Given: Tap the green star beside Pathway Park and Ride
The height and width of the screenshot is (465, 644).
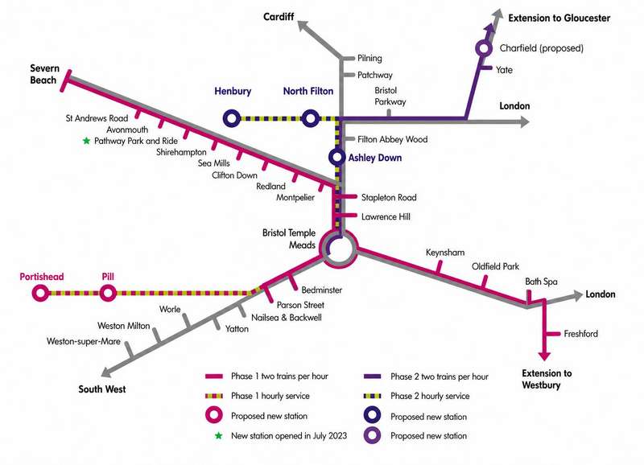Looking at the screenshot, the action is click(x=86, y=141).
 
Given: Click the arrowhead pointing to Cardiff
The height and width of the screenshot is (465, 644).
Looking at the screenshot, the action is click(x=303, y=26).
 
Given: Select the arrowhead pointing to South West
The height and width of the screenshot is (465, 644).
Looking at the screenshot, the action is click(x=106, y=372).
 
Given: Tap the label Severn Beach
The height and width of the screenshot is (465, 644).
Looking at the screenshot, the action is click(x=45, y=74).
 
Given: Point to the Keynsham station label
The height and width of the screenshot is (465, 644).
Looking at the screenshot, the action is click(x=445, y=253).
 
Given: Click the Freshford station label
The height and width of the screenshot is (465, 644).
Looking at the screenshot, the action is click(x=580, y=334).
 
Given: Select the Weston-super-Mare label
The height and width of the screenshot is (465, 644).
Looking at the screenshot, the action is click(x=84, y=341).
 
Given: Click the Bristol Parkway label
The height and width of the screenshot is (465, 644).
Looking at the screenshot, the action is click(x=390, y=96).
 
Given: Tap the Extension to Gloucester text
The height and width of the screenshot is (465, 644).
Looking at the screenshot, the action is click(x=559, y=18).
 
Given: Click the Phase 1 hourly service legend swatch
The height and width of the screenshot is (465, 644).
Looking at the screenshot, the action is click(x=214, y=396).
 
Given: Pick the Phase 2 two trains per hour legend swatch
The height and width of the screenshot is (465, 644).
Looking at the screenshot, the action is click(x=373, y=377).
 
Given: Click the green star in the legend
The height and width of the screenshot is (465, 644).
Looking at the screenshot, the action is click(x=218, y=436).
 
